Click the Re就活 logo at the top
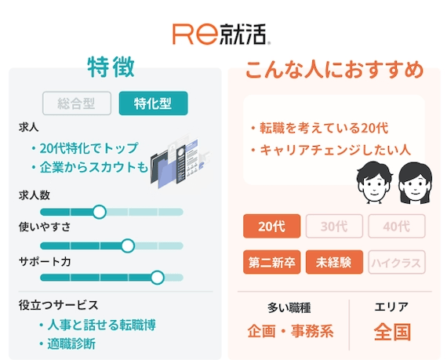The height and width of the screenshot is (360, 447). tap(221, 35)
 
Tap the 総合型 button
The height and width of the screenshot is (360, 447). tap(77, 104)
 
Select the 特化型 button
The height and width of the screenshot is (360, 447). tap(153, 104)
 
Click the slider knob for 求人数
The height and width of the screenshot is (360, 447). tap(100, 212)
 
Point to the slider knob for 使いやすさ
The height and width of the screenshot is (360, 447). tap(128, 245)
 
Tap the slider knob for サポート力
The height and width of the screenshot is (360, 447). tap(157, 278)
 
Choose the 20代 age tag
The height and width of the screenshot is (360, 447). tap(271, 227)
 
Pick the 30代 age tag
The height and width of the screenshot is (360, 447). tap(334, 227)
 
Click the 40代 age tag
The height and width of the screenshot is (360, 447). tap(397, 227)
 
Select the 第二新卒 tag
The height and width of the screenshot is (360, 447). tap(271, 262)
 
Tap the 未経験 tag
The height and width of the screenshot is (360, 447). tap(334, 262)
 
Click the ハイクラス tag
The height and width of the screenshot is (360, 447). tap(397, 262)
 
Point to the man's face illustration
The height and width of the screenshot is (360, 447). tap(375, 183)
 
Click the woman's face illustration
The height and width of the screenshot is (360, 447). tap(415, 184)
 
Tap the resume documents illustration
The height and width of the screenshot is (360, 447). tap(180, 162)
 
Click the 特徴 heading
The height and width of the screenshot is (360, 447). tap(111, 67)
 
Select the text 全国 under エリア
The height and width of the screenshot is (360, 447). tap(392, 332)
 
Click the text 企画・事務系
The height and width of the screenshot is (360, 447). tap(290, 332)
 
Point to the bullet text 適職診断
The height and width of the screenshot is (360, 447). tap(71, 344)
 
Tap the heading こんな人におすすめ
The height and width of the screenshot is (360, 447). tap(334, 70)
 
